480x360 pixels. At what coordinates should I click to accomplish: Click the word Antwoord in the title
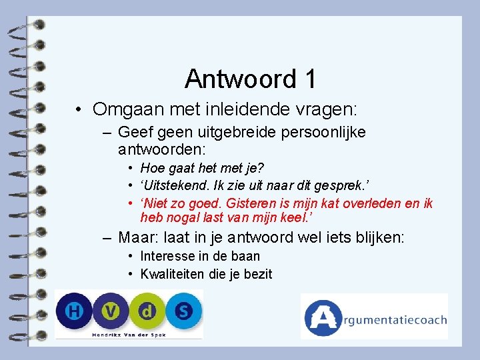pyautogui.click(x=240, y=79)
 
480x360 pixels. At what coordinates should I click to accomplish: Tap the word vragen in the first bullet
pyautogui.click(x=326, y=108)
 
